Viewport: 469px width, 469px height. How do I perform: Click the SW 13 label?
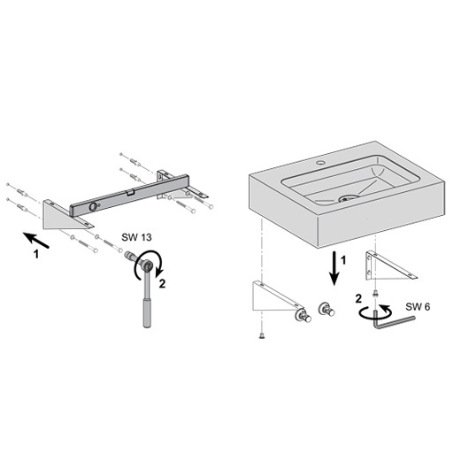[x=136, y=237]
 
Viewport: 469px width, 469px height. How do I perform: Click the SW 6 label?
[x=418, y=306]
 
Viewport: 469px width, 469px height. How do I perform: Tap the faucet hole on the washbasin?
[x=321, y=163]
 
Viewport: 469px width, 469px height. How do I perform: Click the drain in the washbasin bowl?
[x=348, y=197]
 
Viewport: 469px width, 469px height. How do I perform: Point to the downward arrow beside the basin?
[x=334, y=268]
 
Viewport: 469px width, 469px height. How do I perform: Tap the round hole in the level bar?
[x=93, y=206]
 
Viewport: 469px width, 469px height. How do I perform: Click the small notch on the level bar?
[x=130, y=192]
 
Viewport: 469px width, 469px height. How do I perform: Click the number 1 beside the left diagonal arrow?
[x=36, y=254]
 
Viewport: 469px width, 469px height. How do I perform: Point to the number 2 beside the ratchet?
[x=162, y=283]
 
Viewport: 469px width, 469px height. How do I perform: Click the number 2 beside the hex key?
[x=358, y=298]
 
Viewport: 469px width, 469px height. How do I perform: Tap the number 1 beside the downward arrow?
[x=343, y=260]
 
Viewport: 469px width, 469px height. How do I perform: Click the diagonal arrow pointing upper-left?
[x=36, y=240]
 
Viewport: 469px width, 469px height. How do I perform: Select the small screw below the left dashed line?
[x=262, y=336]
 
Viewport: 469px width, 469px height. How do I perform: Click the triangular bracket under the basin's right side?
[x=388, y=266]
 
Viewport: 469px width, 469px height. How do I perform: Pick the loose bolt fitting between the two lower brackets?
[x=327, y=310]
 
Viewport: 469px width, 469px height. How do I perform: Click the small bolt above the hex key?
[x=376, y=294]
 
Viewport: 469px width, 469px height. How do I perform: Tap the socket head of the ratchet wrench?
[x=147, y=265]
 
